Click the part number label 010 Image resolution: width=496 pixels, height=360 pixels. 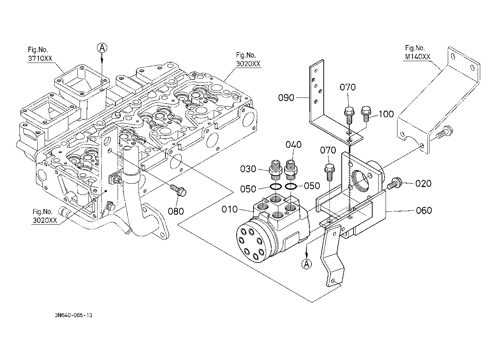click(x=230, y=209)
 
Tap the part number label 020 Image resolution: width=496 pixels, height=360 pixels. click(x=423, y=183)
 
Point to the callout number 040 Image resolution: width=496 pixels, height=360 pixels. click(x=293, y=145)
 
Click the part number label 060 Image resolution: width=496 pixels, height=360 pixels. click(x=424, y=210)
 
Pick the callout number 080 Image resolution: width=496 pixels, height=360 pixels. click(x=176, y=211)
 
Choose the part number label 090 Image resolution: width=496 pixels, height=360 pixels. click(x=286, y=97)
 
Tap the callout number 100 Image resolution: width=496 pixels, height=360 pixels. click(x=386, y=114)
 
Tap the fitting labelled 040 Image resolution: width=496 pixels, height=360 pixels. click(x=290, y=170)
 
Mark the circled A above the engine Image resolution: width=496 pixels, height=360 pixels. click(x=102, y=47)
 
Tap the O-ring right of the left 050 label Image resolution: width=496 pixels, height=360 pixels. click(x=276, y=187)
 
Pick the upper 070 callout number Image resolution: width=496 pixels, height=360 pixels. click(x=348, y=87)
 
